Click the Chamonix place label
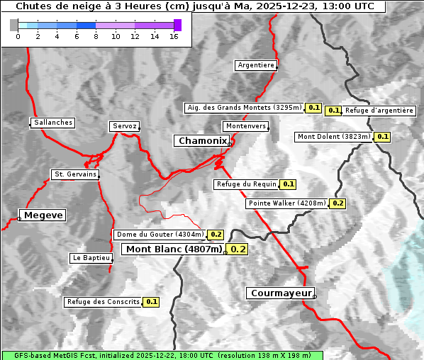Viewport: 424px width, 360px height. pos(202,141)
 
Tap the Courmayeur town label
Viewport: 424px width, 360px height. pos(281,293)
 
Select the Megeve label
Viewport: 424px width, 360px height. pos(43,215)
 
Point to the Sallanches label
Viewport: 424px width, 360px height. pos(53,123)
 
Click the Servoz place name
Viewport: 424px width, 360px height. pos(124,126)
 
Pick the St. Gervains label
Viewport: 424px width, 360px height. pos(74,174)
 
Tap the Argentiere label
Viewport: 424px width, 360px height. pos(256,65)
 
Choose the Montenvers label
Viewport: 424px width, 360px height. pos(246,126)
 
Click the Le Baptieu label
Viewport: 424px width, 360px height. pos(91,258)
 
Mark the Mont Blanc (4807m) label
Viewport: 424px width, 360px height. pos(174,249)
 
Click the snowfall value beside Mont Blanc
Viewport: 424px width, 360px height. pos(238,249)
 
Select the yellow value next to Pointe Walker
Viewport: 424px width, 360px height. pos(337,203)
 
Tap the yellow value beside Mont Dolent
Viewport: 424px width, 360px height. pos(383,137)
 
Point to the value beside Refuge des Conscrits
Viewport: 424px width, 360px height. pos(151,302)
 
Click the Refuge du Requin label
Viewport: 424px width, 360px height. pos(246,184)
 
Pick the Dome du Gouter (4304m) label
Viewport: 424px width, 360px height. pos(160,235)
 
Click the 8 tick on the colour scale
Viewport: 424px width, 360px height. pos(96,36)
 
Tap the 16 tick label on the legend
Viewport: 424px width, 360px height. pos(174,36)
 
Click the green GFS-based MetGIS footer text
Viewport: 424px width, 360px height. pos(162,355)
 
